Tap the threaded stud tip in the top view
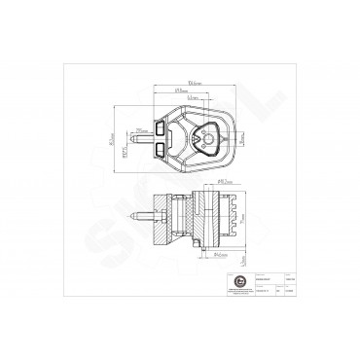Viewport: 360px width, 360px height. point(133,139)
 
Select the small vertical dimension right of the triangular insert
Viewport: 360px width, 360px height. point(241,139)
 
